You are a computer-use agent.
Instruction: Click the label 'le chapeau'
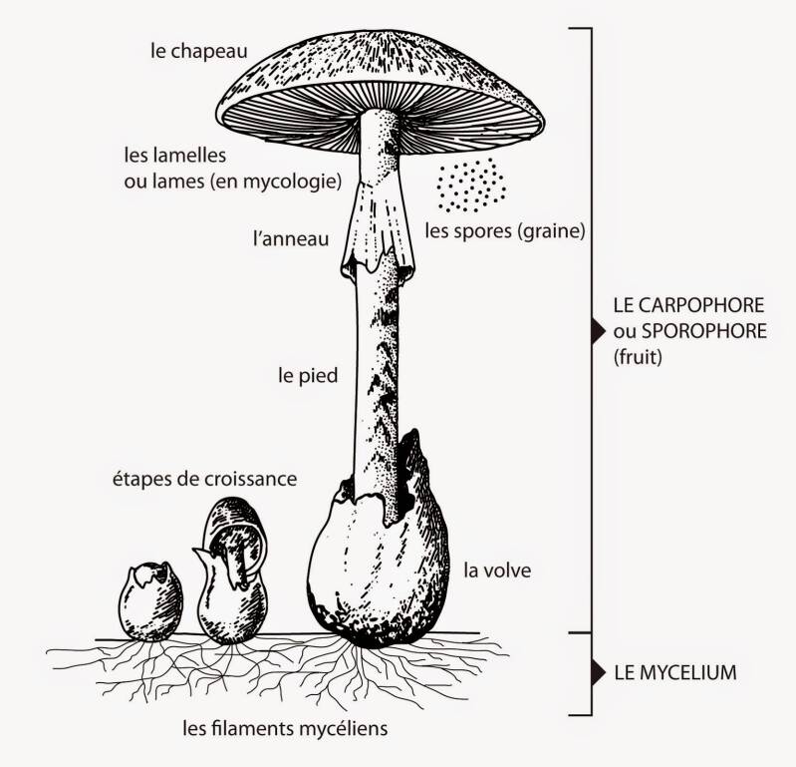pyautogui.click(x=198, y=48)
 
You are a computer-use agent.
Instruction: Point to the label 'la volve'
pyautogui.click(x=497, y=572)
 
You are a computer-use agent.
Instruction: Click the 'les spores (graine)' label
pyautogui.click(x=503, y=231)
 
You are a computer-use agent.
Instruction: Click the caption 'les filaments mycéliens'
pyautogui.click(x=285, y=728)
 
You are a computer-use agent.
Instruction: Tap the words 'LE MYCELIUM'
pyautogui.click(x=675, y=672)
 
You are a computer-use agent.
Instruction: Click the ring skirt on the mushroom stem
pyautogui.click(x=378, y=239)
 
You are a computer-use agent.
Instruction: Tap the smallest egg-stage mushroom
pyautogui.click(x=151, y=601)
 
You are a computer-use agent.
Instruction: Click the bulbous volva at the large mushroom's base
pyautogui.click(x=374, y=569)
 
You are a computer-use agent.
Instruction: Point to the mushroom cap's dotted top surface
pyautogui.click(x=379, y=70)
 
